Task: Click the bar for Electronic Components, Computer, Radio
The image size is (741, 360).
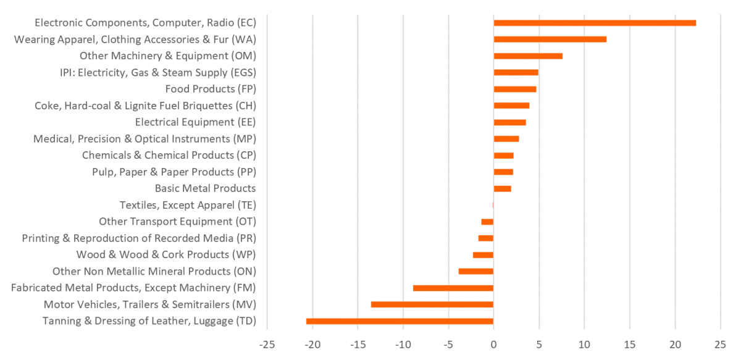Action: (595, 23)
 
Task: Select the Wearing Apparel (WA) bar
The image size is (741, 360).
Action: (550, 40)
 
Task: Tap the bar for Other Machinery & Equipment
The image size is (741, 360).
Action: (528, 56)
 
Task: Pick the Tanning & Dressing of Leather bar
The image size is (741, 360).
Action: (400, 321)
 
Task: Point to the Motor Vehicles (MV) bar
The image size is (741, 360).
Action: (432, 304)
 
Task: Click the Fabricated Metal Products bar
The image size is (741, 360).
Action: (453, 288)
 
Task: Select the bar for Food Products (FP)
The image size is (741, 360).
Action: (515, 89)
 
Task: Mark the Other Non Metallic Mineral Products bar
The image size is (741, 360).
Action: (476, 271)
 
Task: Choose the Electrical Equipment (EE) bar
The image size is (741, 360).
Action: (510, 122)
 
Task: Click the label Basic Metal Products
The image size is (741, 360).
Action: (205, 188)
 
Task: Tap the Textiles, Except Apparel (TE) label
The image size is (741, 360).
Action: (188, 205)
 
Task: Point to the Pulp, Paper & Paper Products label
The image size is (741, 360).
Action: (174, 172)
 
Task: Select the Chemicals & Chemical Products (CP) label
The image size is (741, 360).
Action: (169, 155)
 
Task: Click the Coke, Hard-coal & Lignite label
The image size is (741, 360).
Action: (145, 106)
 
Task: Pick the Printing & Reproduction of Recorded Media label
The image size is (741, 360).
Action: (139, 238)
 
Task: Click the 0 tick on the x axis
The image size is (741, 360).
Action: (493, 343)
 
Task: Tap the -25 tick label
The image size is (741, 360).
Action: (267, 343)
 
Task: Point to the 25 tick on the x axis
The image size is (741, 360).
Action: (720, 343)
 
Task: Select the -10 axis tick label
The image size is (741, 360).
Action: (403, 343)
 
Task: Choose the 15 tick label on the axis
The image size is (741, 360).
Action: (629, 343)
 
